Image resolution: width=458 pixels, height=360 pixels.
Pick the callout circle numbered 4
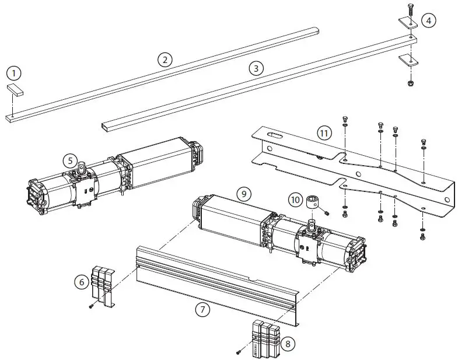click(428, 20)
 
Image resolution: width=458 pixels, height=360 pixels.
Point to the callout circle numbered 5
click(70, 160)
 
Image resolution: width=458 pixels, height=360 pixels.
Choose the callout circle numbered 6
click(82, 282)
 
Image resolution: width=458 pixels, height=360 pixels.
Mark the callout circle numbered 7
click(202, 310)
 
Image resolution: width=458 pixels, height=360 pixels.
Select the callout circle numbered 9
click(243, 192)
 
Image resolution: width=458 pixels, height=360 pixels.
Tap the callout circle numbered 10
click(295, 200)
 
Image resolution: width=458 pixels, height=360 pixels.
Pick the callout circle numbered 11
click(324, 132)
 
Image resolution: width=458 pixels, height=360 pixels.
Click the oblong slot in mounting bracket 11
click(274, 135)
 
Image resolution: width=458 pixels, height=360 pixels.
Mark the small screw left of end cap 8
click(240, 352)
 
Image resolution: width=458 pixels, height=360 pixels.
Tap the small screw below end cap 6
click(91, 305)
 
